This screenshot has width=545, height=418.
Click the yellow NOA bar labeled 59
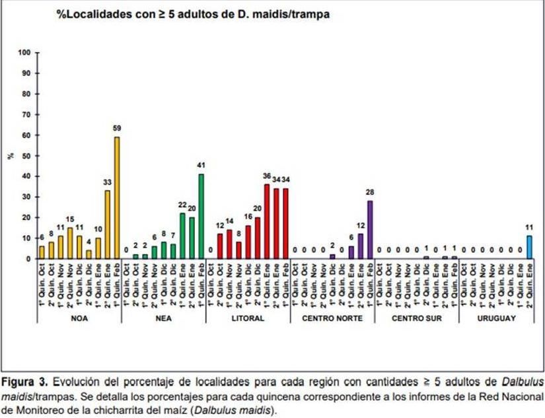[x=117, y=198]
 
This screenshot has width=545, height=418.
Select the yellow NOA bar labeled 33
[x=108, y=225]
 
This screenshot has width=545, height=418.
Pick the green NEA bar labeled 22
[x=182, y=236]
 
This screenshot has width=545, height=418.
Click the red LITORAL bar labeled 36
[x=267, y=221]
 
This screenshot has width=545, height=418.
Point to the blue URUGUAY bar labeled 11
[x=530, y=247]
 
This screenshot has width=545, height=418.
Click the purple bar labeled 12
[x=361, y=246]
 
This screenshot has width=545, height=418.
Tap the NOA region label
[x=80, y=318]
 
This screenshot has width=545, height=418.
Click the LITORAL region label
[x=248, y=318]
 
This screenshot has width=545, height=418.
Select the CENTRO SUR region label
[x=418, y=318]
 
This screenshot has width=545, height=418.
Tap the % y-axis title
[x=10, y=156]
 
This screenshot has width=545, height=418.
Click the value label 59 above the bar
[x=117, y=128]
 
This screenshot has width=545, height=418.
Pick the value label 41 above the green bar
[x=201, y=165]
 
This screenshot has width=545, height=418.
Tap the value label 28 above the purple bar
[x=370, y=192]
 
